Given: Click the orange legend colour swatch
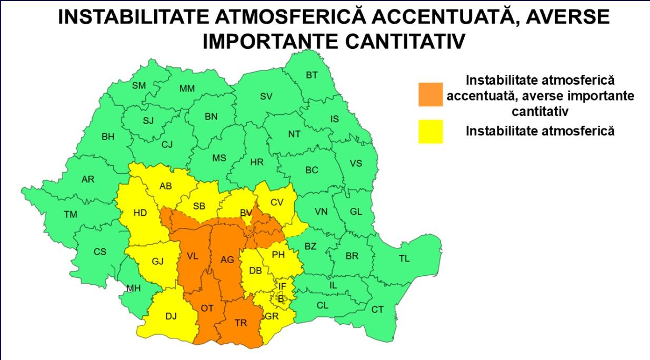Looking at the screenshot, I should point(431,94).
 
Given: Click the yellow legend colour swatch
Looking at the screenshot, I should point(431,131).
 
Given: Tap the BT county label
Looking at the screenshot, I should point(312,75).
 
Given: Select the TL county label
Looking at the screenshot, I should point(404,258).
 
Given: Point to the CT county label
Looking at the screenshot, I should point(377,309).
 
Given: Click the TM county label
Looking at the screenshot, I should point(70,214).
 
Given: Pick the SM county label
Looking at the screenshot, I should point(139,85).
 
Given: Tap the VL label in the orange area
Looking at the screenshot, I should point(193,256).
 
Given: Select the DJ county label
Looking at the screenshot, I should point(171,316).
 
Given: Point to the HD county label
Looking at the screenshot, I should point(140,213).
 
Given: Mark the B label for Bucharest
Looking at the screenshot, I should point(281,298).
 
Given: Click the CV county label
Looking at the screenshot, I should point(277,202).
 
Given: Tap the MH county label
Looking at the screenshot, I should point(133,288).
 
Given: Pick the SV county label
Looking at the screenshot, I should point(266,96).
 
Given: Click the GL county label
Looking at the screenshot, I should point(356,212).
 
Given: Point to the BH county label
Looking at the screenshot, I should point(108,137).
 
